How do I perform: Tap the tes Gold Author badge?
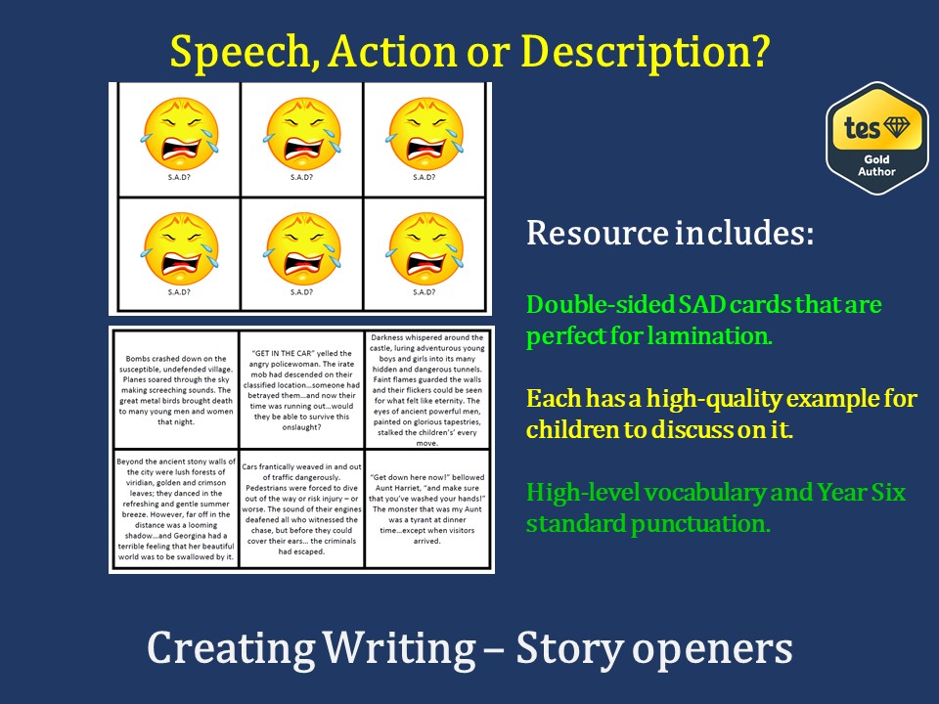pyautogui.click(x=876, y=139)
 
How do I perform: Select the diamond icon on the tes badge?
pyautogui.click(x=897, y=126)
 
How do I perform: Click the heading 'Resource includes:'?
pyautogui.click(x=670, y=233)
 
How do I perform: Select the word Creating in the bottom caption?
pyautogui.click(x=231, y=649)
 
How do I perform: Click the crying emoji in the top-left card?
pyautogui.click(x=180, y=134)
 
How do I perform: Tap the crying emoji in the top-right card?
pyautogui.click(x=425, y=134)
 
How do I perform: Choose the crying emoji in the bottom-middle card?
pyautogui.click(x=302, y=248)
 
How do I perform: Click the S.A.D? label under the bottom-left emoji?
pyautogui.click(x=179, y=292)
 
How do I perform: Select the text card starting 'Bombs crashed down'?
pyautogui.click(x=176, y=390)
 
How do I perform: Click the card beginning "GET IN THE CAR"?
pyautogui.click(x=302, y=390)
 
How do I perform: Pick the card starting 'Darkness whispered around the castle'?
pyautogui.click(x=427, y=390)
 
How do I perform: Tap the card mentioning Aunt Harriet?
pyautogui.click(x=427, y=508)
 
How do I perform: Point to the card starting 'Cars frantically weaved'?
pyautogui.click(x=302, y=508)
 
